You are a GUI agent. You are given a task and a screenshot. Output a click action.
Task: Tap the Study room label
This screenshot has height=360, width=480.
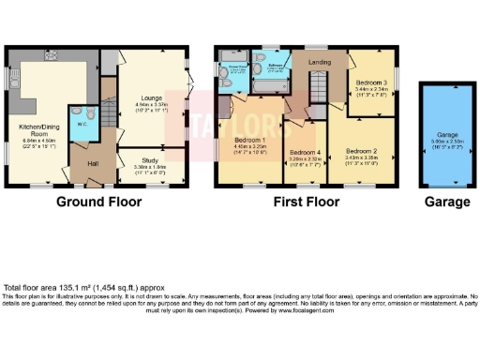153,160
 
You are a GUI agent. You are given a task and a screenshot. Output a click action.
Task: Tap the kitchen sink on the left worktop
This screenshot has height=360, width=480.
15,91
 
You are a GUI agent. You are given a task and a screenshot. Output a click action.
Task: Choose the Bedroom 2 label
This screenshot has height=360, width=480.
360,150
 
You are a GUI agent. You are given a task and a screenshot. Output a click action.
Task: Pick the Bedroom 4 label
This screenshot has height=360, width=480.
305,152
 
